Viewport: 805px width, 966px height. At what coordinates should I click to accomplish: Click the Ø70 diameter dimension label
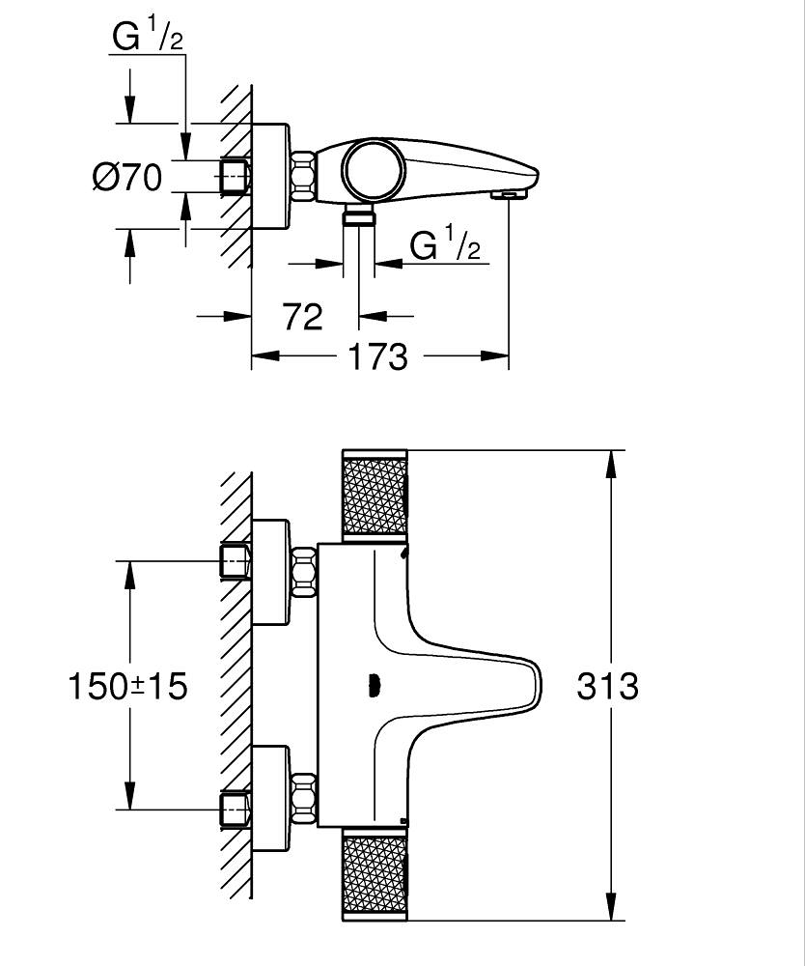pos(127,177)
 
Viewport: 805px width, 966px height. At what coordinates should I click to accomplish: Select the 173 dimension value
pos(376,357)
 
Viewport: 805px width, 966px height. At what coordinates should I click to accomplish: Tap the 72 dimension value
pos(302,316)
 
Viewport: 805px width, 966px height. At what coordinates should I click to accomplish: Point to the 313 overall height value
pos(607,687)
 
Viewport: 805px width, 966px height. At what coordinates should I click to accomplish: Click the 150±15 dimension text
pos(126,687)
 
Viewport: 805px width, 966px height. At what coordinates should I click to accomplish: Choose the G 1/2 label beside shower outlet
pos(445,246)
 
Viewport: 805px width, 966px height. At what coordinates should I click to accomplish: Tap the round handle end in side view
pos(373,167)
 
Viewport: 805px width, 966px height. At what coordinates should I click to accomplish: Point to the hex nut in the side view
pos(303,176)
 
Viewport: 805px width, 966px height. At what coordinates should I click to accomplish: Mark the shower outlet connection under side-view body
pos(359,215)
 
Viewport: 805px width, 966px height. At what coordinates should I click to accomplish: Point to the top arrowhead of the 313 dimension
pos(610,466)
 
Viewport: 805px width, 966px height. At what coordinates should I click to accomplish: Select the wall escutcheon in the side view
pos(270,176)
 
